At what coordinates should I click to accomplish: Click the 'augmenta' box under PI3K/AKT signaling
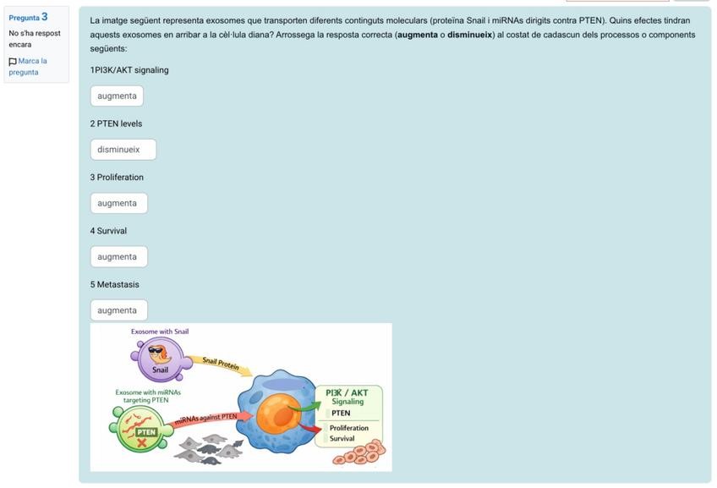tap(117, 96)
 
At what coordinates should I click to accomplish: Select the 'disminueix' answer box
tap(123, 150)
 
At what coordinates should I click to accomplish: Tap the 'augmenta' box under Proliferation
tap(118, 203)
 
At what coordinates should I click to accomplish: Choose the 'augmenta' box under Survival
tap(118, 257)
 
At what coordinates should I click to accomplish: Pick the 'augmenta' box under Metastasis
tap(118, 310)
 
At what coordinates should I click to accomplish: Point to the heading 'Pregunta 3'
tap(28, 17)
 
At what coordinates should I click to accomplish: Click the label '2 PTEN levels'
tap(116, 123)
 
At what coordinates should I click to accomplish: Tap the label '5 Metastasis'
tap(114, 284)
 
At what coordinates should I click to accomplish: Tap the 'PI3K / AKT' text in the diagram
tap(347, 392)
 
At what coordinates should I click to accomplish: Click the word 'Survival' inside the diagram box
tap(342, 438)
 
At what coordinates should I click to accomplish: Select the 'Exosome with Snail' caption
tap(160, 332)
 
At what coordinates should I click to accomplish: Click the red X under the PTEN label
tap(146, 441)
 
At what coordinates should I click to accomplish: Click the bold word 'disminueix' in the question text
tap(469, 35)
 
